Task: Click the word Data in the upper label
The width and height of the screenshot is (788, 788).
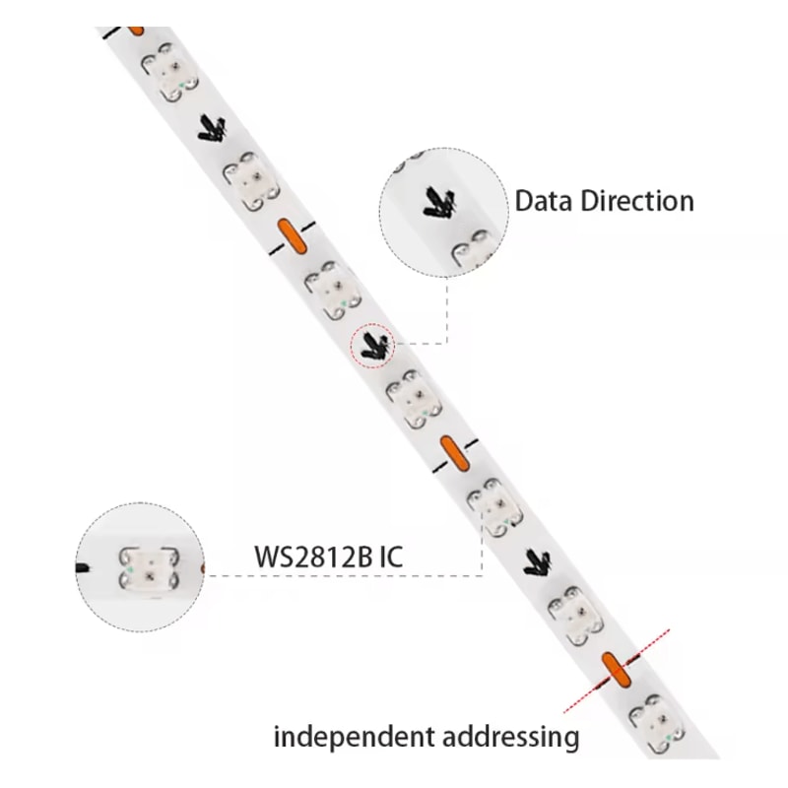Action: point(544,202)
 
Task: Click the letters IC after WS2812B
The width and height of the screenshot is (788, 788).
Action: point(390,558)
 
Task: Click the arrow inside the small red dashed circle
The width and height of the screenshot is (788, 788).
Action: point(372,345)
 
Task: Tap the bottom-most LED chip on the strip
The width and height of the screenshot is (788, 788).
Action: point(651,718)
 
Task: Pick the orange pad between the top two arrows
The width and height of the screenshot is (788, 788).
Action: point(292,234)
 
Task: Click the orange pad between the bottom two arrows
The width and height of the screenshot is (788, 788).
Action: point(453,451)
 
